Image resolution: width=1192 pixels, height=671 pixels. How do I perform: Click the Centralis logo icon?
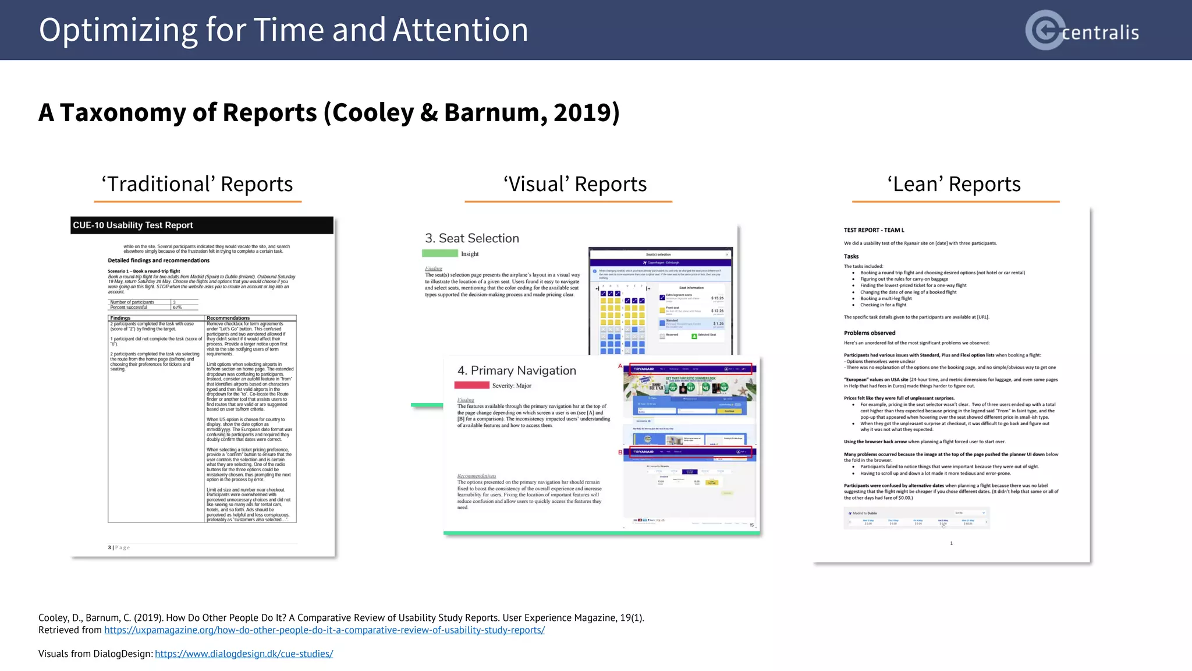1045,30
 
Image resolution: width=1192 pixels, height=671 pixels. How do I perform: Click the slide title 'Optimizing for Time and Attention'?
283,30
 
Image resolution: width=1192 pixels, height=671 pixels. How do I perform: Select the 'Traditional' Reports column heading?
197,184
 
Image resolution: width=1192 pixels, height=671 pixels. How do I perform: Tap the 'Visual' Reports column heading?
574,184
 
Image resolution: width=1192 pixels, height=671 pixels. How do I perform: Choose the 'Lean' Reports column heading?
954,184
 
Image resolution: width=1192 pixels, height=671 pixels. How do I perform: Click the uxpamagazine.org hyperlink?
324,630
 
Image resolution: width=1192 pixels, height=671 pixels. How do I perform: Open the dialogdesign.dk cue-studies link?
244,654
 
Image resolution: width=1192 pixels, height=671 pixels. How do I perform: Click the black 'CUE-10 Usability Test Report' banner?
202,225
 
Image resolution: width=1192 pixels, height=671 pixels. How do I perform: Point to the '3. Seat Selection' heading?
472,238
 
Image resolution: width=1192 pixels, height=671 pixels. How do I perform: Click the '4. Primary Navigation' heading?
517,370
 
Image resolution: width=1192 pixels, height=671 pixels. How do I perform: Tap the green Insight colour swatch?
440,253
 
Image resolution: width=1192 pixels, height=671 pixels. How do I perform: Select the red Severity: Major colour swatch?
471,385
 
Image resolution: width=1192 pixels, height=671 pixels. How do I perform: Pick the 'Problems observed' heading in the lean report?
870,333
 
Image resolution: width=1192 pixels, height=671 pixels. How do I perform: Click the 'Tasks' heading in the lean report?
851,256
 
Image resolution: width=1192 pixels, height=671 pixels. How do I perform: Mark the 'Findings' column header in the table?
120,318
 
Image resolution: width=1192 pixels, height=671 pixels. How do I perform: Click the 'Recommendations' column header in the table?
228,318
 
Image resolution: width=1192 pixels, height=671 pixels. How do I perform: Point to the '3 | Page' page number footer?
119,548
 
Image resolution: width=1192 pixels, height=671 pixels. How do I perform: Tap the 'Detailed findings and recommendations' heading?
158,260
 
